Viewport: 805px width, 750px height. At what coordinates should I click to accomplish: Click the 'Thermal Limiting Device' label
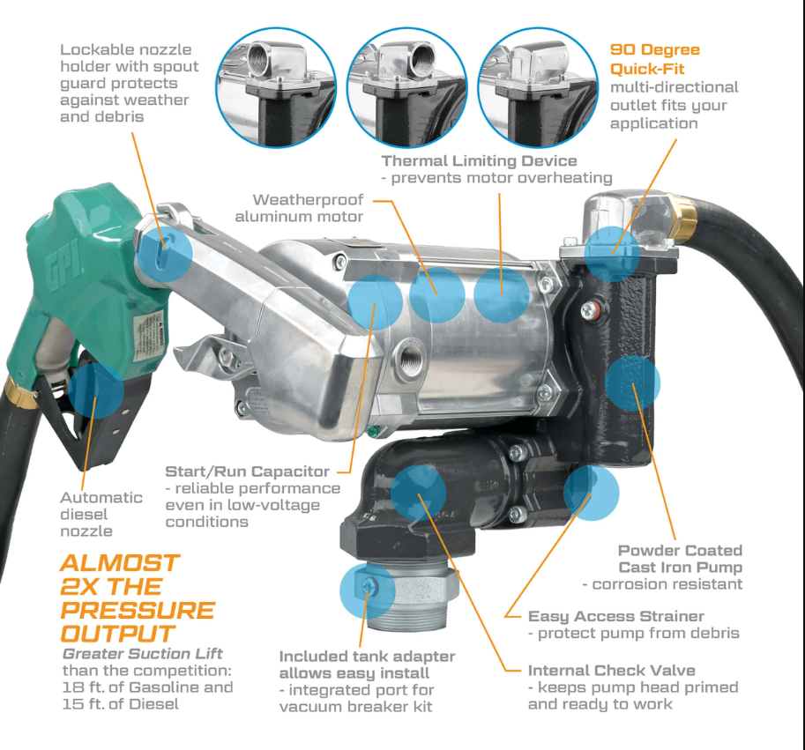[479, 161]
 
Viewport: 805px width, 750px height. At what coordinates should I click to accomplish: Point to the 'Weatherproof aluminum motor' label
[308, 208]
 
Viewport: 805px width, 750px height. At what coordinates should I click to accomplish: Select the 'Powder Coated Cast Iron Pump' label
[680, 559]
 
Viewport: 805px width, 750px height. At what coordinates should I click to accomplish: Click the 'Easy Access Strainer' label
[615, 616]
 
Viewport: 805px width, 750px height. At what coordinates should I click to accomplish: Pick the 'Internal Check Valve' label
[611, 671]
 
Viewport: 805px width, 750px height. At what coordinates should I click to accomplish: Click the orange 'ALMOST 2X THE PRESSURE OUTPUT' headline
[138, 598]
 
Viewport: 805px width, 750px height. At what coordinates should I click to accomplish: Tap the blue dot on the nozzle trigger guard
[96, 390]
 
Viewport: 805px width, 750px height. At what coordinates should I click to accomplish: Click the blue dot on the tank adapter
[367, 591]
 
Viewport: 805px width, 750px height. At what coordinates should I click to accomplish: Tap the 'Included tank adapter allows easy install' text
[367, 665]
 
